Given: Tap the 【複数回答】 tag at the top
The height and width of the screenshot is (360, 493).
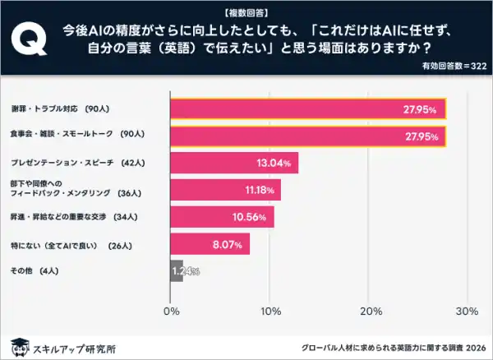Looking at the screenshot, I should pos(246,12).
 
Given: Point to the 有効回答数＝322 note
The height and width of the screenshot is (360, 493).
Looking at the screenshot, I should pos(454,64).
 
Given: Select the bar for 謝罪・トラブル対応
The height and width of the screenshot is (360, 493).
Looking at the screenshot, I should pos(308,109).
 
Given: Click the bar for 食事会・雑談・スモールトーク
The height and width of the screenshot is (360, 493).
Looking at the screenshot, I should pos(308,136).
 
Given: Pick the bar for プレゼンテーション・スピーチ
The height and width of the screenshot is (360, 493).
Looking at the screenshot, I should pos(234,163).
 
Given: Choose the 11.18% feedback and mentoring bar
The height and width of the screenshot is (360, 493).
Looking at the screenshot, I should pos(225,190).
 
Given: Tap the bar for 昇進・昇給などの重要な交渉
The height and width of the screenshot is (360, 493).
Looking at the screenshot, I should pos(222,217).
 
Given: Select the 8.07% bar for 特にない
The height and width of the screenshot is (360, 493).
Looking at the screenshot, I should pos(210,244).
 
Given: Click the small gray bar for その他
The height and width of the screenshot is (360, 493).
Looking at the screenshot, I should pos(176,271).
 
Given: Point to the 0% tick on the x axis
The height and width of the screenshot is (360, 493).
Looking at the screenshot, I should pos(172,312).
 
